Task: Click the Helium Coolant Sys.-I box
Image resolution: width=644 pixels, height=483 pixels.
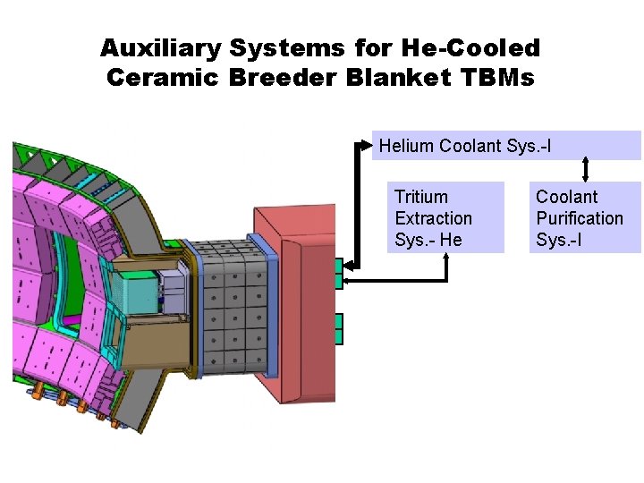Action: pos(506,145)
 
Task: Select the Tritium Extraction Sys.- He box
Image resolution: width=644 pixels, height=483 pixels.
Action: pos(445,218)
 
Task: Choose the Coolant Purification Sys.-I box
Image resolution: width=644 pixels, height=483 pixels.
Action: pos(585,218)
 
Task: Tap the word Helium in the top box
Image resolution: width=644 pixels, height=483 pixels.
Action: pos(407,145)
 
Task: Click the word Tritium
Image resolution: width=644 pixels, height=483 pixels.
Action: pos(421,197)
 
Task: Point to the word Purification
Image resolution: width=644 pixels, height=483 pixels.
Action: pos(580,218)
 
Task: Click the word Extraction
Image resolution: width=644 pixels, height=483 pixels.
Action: pos(434,218)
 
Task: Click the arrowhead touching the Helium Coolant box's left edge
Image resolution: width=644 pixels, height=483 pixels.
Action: pos(366,141)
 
